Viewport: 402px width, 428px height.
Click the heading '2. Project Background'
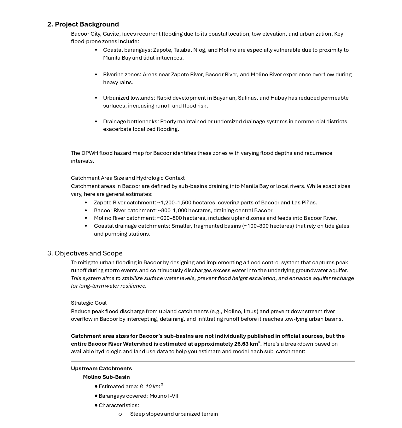[83, 24]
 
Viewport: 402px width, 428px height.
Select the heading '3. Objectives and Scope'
[85, 253]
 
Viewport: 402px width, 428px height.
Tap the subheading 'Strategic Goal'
[89, 303]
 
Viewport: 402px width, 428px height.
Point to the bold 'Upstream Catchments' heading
[101, 368]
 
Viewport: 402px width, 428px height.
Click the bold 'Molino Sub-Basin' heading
[106, 377]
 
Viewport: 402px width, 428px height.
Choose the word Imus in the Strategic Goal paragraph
[250, 311]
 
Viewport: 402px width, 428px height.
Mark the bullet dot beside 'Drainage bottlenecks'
[96, 121]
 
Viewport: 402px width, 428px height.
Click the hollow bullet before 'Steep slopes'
[120, 414]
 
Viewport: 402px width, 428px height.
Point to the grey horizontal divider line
[213, 361]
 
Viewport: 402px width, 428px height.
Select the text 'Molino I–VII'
[164, 396]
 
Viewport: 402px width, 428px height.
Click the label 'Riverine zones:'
[122, 74]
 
